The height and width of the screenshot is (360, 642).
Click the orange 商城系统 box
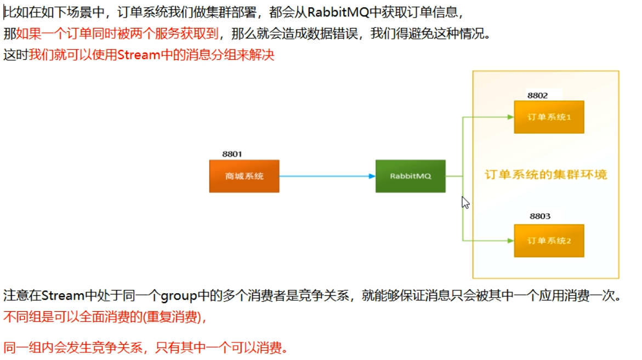tap(244, 176)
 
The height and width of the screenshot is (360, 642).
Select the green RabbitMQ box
tap(410, 176)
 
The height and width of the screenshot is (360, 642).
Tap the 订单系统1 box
tap(549, 117)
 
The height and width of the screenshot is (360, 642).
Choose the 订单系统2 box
tap(549, 241)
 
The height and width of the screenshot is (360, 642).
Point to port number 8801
tap(232, 154)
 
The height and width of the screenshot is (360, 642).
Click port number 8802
tap(537, 95)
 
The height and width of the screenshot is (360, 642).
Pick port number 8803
tap(540, 216)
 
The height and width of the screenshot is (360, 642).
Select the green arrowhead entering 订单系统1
tap(510, 117)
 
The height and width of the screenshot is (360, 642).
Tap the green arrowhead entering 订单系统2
tap(510, 241)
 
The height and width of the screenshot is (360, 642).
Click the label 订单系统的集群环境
tap(546, 175)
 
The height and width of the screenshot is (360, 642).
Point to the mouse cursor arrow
tap(465, 202)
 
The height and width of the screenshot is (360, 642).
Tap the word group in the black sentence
tap(178, 296)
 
